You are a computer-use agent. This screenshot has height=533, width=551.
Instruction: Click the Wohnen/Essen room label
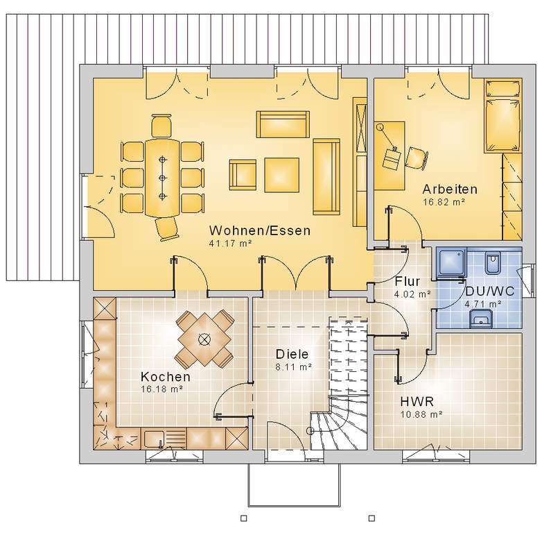[x=260, y=231]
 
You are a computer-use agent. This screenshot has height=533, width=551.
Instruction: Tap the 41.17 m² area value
[x=231, y=243]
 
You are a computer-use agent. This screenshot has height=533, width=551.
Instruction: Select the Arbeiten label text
[x=450, y=189]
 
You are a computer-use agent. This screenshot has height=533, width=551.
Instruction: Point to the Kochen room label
[x=166, y=377]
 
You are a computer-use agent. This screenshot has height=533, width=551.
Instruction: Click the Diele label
[x=292, y=354]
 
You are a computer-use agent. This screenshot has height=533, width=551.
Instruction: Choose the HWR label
[x=417, y=401]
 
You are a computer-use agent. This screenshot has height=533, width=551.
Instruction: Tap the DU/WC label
[x=490, y=291]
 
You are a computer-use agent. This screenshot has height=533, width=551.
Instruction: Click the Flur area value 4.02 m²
[x=412, y=294]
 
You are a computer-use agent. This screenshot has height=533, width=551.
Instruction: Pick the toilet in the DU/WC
[x=492, y=262]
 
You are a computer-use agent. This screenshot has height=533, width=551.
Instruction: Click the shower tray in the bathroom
[x=452, y=261]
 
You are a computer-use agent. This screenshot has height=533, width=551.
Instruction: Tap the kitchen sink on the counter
[x=155, y=439]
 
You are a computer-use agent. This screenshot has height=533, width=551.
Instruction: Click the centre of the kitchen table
[x=204, y=339]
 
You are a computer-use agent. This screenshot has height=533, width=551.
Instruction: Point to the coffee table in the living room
[x=282, y=175]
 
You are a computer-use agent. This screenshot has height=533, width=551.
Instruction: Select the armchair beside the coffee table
[x=243, y=175]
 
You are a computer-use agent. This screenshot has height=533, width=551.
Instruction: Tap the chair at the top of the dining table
[x=161, y=125]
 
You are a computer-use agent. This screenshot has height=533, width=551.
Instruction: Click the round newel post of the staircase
[x=310, y=431]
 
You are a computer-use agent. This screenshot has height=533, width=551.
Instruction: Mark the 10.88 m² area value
[x=421, y=414]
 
